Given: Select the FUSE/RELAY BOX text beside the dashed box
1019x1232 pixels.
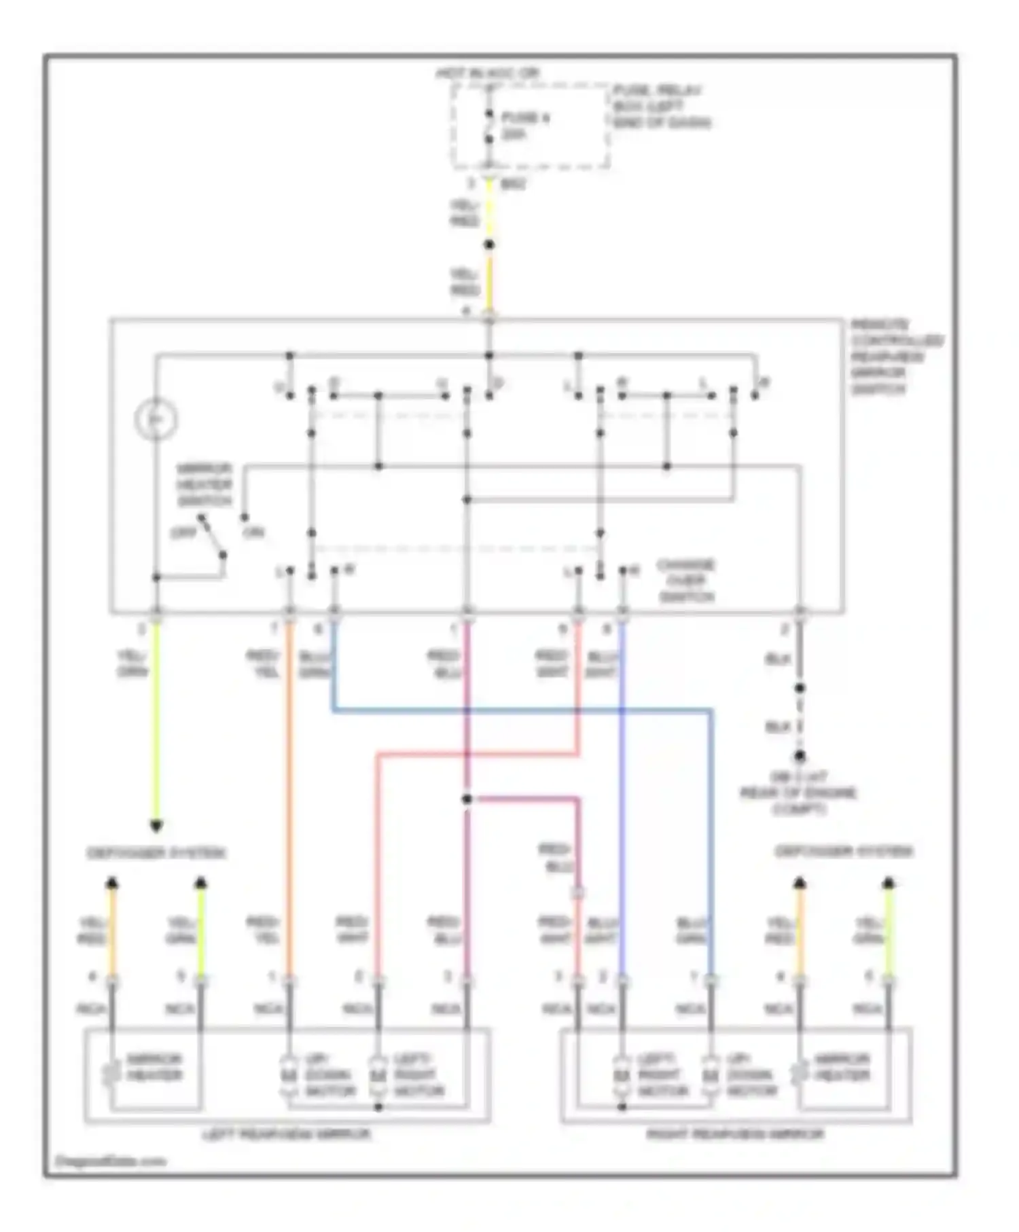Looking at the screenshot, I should coord(662,107).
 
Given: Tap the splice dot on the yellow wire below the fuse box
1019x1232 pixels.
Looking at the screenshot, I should coord(488,245).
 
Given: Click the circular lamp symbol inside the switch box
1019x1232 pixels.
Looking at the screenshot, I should coord(156,419).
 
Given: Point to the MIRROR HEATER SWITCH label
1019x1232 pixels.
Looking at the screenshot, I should coord(204,485).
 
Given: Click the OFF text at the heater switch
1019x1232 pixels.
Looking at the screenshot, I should coord(183,532).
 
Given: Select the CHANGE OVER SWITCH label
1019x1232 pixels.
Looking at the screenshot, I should coord(686,581).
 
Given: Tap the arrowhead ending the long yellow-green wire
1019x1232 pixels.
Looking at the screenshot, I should coord(156,826).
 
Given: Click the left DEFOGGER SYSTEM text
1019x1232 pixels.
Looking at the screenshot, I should coord(156,853).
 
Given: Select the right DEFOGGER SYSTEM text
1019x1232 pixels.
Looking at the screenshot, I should coord(844,852).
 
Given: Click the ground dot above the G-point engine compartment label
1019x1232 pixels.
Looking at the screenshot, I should coord(800,757).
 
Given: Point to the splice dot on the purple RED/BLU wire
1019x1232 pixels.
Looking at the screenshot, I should coord(467,799).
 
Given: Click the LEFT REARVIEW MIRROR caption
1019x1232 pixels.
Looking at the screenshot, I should coord(287,1134).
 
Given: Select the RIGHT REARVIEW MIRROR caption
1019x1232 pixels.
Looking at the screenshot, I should coord(735,1134).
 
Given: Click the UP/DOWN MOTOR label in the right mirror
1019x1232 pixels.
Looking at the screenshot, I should coord(751,1075).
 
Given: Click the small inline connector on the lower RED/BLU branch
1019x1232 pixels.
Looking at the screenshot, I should coord(579,892).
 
